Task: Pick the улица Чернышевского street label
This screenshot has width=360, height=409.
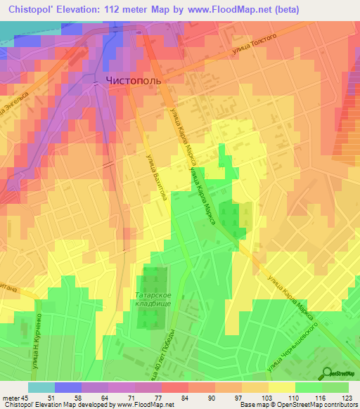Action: tap(294, 346)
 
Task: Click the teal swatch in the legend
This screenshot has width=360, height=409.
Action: tap(41, 387)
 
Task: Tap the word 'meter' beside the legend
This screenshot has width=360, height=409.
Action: tap(10, 398)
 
